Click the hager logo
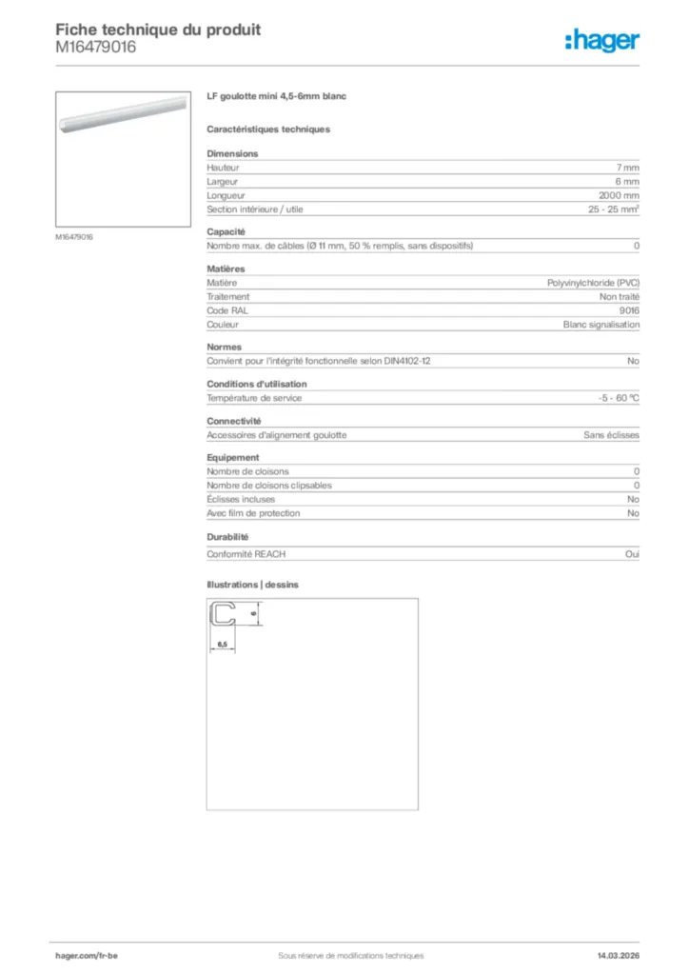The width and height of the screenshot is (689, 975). tap(602, 39)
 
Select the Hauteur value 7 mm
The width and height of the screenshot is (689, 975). tap(627, 168)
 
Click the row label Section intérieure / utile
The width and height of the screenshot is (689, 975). tap(255, 209)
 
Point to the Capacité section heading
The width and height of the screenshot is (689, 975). tap(226, 231)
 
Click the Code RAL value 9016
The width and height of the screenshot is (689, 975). tap(629, 310)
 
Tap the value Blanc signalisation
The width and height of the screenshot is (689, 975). tap(601, 325)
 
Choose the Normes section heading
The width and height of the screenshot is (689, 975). tap(225, 348)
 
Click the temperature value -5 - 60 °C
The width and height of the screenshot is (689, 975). tap(613, 398)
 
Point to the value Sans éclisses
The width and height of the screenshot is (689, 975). tap(611, 435)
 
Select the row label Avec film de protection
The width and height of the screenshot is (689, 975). tap(253, 513)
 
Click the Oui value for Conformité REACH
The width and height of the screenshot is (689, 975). tap(633, 554)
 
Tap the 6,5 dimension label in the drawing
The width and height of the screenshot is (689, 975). tap(222, 645)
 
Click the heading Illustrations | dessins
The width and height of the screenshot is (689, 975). tap(252, 585)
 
